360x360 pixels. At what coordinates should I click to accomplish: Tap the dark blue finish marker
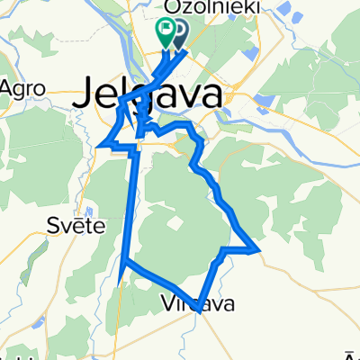(179, 32)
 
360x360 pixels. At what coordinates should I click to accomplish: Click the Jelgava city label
(153, 93)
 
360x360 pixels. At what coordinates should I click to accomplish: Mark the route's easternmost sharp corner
(260, 249)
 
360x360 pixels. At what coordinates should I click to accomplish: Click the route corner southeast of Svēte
(121, 261)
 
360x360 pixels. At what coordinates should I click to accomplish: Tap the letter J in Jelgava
(94, 93)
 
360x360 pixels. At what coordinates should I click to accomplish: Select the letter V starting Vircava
(168, 304)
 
